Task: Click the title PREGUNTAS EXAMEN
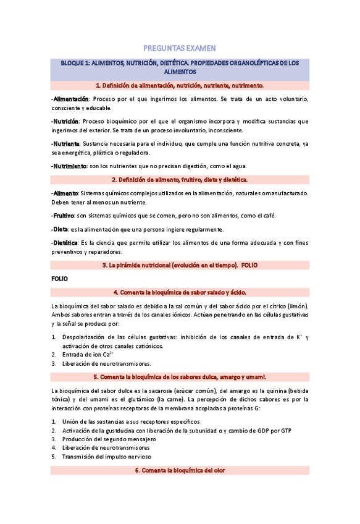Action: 180,48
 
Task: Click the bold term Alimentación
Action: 71,99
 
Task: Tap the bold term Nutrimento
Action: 70,166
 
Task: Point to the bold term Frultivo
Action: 64,215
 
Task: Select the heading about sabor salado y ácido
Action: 180,292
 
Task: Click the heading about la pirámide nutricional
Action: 180,265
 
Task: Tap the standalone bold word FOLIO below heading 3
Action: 60,279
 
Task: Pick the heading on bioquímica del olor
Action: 180,470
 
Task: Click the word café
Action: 268,215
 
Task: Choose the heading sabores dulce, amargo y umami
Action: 180,376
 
